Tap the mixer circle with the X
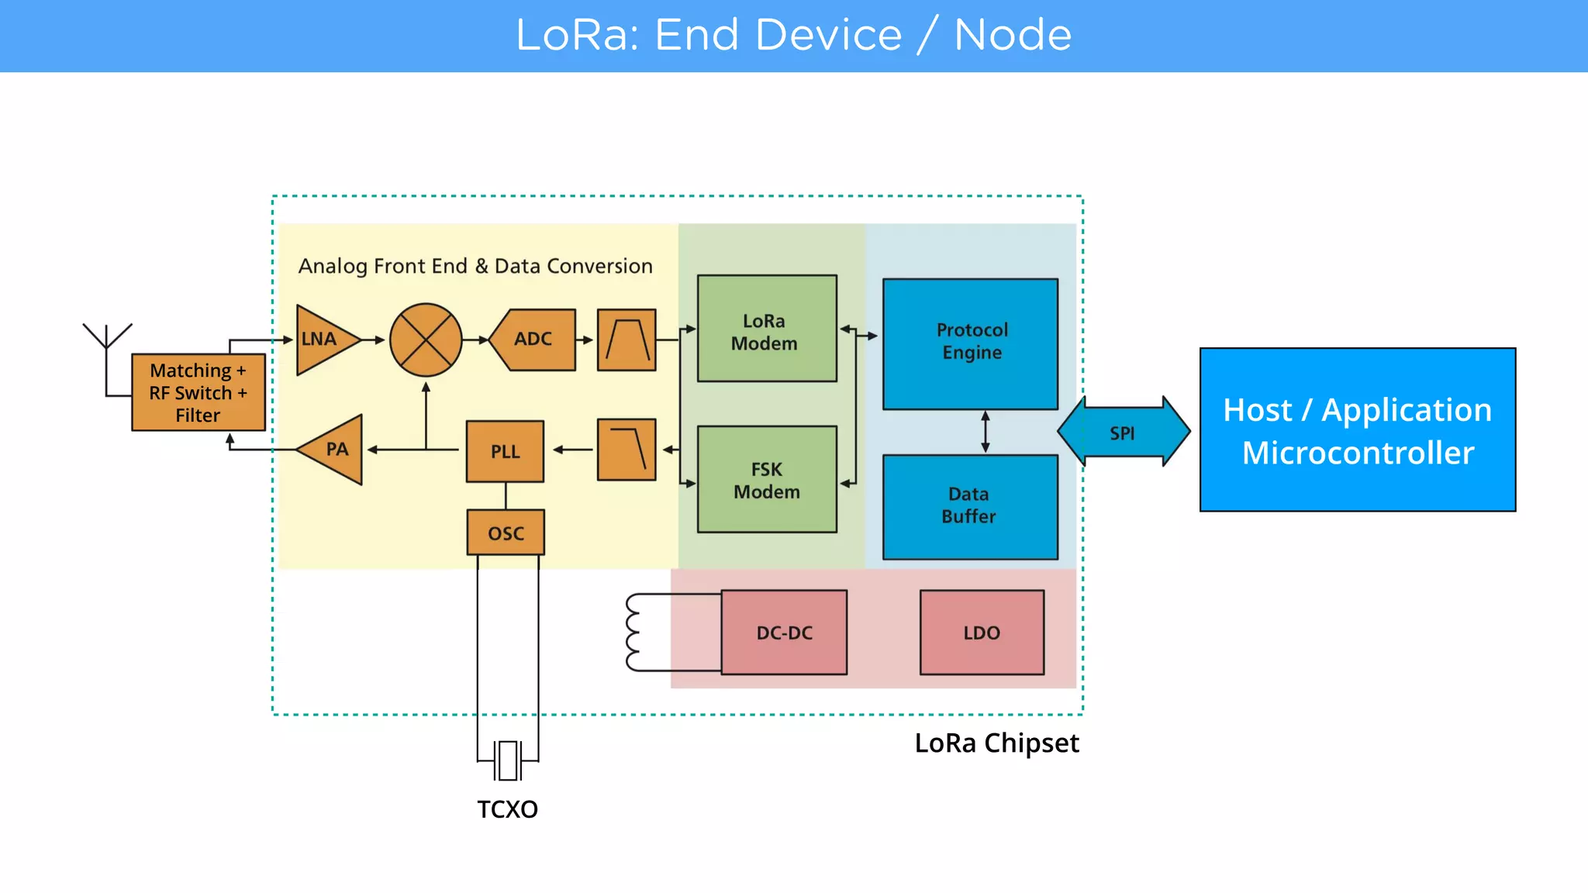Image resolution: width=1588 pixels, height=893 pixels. coord(426,340)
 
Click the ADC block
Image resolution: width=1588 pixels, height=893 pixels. coord(533,340)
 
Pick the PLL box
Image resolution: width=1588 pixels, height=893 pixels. coord(505,451)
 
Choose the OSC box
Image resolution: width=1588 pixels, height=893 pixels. coord(506,533)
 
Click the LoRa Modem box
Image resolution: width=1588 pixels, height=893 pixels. coord(766,329)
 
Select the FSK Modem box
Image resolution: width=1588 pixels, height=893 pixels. coord(766,479)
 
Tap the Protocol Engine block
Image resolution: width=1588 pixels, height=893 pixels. coord(970,343)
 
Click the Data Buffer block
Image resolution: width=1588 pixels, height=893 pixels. coord(970,506)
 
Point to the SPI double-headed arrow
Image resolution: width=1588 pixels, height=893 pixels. coord(1123,433)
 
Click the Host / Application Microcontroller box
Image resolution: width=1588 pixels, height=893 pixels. coord(1357,429)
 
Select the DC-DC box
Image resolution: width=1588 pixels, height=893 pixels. coord(784,633)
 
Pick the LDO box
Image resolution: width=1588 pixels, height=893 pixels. coord(982,633)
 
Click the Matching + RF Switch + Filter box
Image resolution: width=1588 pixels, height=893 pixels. coord(198,392)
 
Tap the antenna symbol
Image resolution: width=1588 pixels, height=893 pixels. coord(107,338)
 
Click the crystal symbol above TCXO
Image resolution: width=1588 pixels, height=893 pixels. coord(508,760)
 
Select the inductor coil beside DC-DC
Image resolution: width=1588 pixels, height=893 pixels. coord(633,633)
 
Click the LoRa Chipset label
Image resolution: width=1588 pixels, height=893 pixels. coord(996,743)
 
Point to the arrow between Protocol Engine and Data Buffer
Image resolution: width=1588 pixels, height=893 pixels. coord(986,432)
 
